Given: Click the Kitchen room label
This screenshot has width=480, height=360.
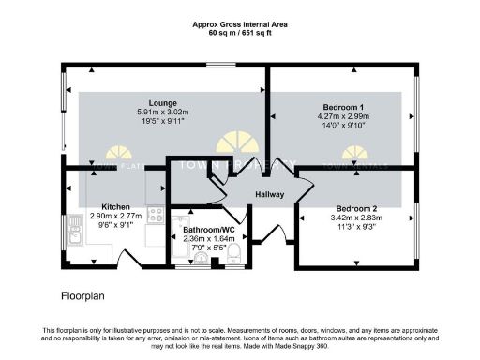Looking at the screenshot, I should point(115,205).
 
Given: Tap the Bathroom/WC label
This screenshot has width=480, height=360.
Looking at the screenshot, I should point(208,229).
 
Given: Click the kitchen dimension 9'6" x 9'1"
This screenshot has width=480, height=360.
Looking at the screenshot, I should point(116,226).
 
